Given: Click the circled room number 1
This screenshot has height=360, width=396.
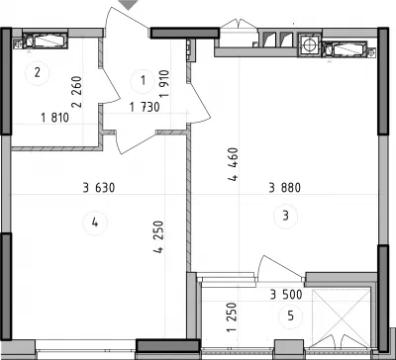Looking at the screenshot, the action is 143,81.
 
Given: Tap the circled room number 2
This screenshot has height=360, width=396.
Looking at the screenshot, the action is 38,72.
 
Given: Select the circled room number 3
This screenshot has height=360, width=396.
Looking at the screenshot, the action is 286,217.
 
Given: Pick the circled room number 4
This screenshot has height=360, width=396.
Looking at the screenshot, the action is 95,224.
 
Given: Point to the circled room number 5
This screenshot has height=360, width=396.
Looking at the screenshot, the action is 290,316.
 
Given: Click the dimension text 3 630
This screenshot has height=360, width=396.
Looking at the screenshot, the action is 99,188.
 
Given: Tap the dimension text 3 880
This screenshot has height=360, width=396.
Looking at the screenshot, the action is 285,188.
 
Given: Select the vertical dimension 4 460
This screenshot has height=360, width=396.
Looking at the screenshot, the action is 233,165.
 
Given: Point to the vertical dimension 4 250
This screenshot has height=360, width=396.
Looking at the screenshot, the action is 158,237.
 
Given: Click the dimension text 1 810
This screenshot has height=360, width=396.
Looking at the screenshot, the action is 54,118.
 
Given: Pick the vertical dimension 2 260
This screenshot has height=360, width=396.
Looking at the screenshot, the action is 77,91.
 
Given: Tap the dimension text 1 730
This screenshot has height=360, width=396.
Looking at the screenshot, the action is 145,108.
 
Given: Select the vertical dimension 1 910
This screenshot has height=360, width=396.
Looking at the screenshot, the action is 164,83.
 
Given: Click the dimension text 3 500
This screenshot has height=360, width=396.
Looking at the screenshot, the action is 286,295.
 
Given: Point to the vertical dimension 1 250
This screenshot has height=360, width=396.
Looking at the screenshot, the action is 233,317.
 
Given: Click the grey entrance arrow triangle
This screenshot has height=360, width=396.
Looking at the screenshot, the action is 128,4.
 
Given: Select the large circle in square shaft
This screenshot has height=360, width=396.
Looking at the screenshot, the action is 310,45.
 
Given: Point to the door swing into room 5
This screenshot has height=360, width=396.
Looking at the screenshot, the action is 280,265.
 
